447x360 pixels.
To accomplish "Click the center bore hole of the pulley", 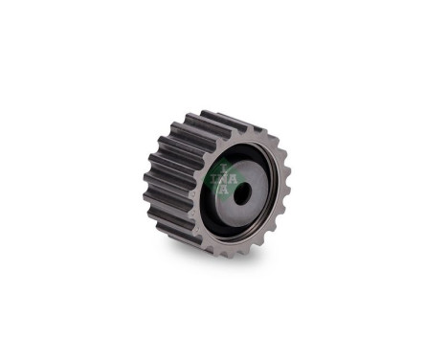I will point(241,192).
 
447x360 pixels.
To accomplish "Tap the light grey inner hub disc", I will point(251,180).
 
